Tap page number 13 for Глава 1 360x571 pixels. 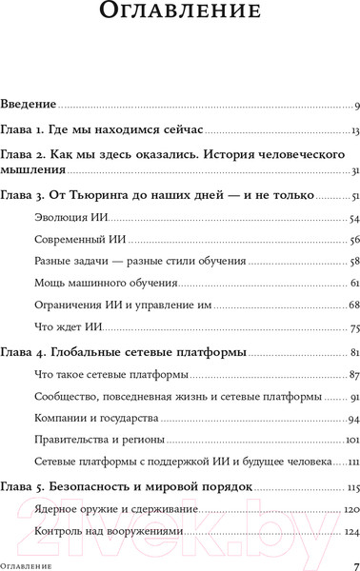pyautogui.click(x=352, y=129)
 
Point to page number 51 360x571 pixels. pyautogui.click(x=352, y=197)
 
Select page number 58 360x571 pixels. pyautogui.click(x=351, y=262)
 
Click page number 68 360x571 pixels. pyautogui.click(x=351, y=305)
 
